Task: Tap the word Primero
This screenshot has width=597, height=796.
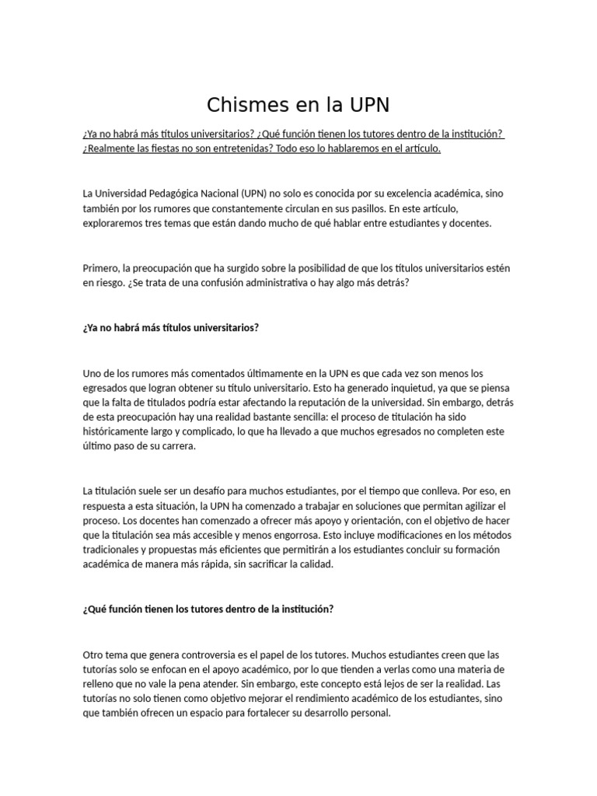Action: point(102,268)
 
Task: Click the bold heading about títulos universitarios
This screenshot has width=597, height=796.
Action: point(170,327)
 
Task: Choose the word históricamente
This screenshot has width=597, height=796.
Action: point(122,431)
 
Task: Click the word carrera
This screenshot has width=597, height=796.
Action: point(178,446)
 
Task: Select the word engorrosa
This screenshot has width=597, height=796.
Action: point(313,536)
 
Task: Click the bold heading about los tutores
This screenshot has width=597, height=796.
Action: point(208,609)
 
